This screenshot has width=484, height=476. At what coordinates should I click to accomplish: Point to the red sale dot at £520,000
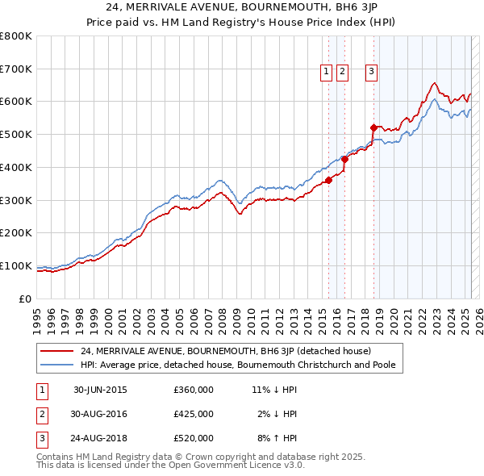coord(373,127)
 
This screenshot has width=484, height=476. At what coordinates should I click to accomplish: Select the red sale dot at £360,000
coord(328,180)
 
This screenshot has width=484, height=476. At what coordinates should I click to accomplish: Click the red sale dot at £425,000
coord(345,159)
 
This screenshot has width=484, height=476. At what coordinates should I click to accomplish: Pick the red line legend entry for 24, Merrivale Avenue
coord(225,351)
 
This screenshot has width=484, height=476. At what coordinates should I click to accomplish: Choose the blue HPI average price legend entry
coord(242,365)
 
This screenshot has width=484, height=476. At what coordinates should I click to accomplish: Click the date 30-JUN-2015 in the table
coord(100,390)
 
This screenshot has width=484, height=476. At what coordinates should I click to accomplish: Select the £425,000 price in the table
coord(194,414)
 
